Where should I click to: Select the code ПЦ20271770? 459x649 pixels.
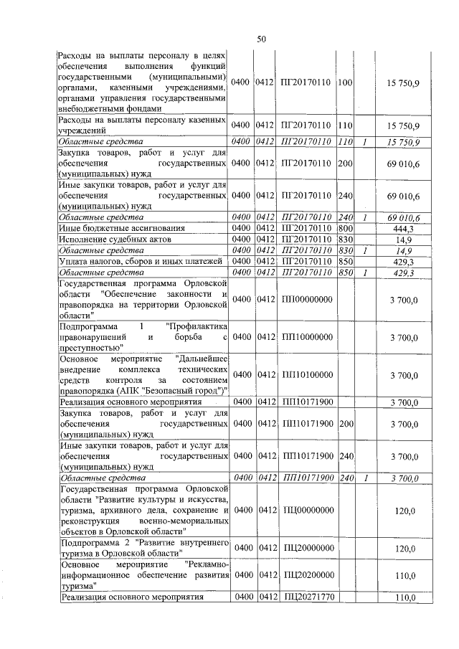tap(309, 597)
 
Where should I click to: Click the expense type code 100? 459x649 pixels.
tap(345, 83)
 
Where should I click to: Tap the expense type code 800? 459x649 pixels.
tap(345, 228)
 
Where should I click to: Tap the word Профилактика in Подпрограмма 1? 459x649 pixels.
tap(197, 326)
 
